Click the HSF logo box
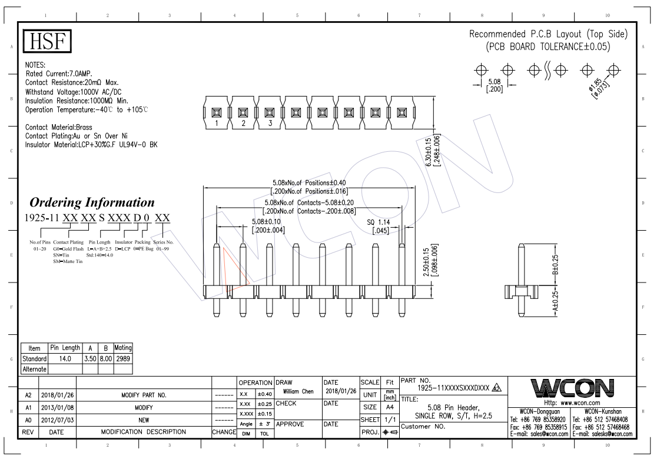coord(47,41)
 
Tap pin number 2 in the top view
coord(244,123)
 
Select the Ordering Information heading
coord(92,202)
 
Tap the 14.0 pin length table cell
coord(65,359)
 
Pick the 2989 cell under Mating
coord(123,359)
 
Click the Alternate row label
coord(34,370)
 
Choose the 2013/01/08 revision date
coord(58,407)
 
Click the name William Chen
coord(298,391)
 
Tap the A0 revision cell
coord(28,420)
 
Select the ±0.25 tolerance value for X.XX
coord(265,404)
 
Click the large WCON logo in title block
coord(572,388)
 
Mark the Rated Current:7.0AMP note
coord(59,74)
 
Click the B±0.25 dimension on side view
coord(555,265)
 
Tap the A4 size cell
coord(390,407)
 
